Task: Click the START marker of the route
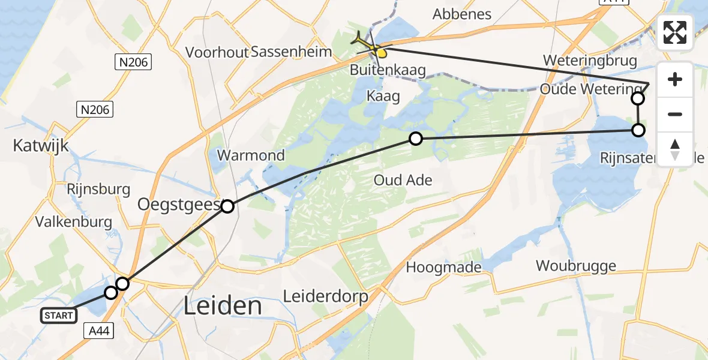click(58, 315)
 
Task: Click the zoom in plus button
click(675, 80)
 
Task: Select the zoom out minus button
click(675, 114)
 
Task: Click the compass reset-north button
click(675, 149)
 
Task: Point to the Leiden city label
click(223, 306)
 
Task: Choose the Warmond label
click(251, 155)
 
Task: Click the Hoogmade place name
click(443, 267)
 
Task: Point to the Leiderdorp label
click(325, 297)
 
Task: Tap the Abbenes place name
click(462, 14)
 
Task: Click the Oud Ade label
click(403, 180)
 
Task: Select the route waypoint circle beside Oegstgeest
click(227, 206)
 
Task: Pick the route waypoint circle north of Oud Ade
click(415, 139)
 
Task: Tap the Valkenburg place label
click(74, 222)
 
